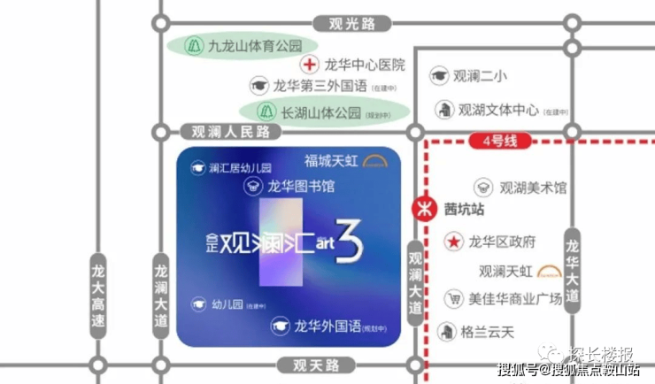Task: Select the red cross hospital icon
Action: pos(309,65)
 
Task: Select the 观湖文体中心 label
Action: pos(498,111)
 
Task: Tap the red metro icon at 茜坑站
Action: pos(426,210)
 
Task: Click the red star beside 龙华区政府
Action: pos(452,241)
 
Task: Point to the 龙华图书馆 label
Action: pos(301,187)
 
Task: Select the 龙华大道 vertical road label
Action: pos(573,271)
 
